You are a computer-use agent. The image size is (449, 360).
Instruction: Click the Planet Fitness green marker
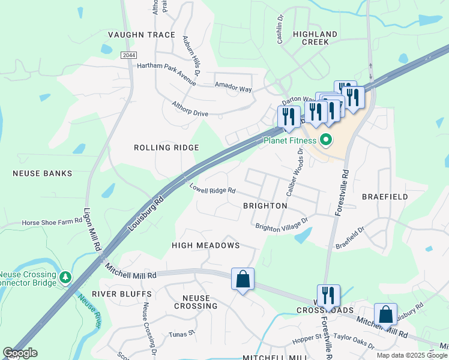pos(327,141)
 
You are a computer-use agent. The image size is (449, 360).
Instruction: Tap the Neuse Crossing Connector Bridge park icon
pos(65,277)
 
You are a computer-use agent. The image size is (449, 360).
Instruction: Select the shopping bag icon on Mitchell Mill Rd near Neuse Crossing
pos(243,279)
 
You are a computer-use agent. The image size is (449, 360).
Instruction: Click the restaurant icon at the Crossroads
pos(328,295)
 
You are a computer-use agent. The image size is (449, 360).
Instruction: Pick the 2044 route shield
pos(128,55)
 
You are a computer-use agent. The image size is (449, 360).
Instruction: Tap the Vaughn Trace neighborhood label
pos(141,35)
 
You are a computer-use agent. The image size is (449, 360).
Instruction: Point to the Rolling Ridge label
pos(166,148)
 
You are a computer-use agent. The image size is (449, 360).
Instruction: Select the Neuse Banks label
pos(42,173)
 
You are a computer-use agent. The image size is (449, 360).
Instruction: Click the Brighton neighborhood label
pos(265,205)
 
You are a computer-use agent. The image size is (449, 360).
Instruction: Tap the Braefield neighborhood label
pos(385,196)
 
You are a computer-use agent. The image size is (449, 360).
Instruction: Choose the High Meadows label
pos(205,245)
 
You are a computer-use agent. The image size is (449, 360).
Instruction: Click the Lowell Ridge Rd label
pos(212,190)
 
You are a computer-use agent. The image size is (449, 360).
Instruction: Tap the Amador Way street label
pos(234,88)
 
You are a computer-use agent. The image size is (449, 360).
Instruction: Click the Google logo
pos(20,353)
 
